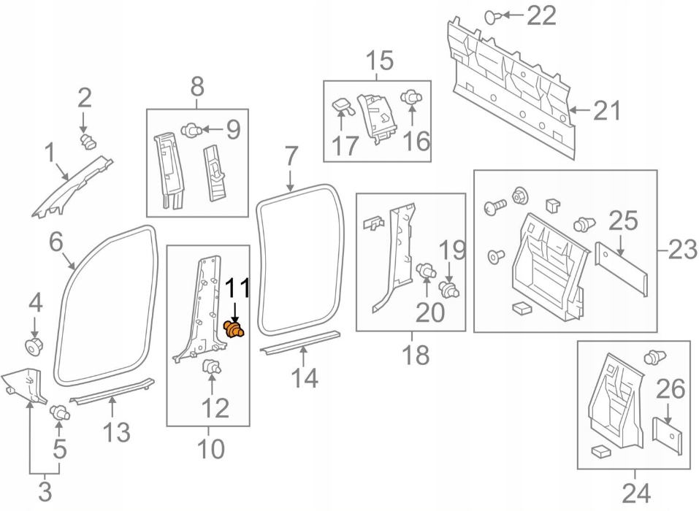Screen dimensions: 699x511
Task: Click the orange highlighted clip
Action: (234, 330)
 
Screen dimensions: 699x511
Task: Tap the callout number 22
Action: (542, 15)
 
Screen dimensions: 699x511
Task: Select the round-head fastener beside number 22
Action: (492, 17)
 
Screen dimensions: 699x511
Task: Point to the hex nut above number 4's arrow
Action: (34, 346)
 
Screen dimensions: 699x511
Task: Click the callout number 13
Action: (117, 432)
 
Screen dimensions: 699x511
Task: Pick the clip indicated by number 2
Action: (88, 142)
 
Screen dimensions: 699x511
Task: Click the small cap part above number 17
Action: (343, 105)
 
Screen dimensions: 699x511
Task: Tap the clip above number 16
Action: (412, 96)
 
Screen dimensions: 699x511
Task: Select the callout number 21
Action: (606, 110)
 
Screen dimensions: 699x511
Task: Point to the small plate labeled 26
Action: (668, 436)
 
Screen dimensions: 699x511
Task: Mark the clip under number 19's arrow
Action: (449, 290)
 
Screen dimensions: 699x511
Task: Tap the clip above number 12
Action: (213, 366)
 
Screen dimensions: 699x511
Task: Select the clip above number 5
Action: (60, 412)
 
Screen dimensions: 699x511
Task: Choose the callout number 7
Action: (290, 156)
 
